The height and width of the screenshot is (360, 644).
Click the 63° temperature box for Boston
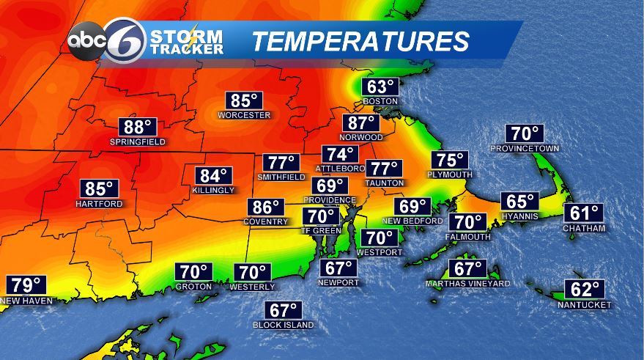380,87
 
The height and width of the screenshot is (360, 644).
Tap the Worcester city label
244,115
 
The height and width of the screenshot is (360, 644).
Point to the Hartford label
98,204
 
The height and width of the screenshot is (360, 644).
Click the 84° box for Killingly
215,176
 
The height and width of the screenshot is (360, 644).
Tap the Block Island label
283,324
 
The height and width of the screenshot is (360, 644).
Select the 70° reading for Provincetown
525,134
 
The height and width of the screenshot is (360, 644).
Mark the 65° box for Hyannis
520,202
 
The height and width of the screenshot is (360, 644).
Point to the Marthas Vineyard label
468,283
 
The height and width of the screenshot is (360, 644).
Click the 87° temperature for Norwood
361,123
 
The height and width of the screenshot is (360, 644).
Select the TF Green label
321,230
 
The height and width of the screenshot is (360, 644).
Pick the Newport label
338,282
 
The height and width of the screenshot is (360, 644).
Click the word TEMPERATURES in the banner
360,42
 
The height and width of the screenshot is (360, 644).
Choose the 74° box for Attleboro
340,155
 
